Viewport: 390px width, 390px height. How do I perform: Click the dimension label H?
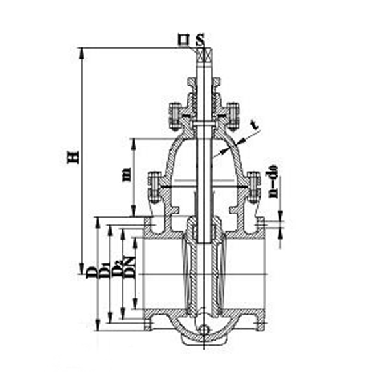pos(73,157)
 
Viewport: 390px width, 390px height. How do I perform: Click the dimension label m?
pos(127,174)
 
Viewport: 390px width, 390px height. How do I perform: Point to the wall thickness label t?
pos(254,123)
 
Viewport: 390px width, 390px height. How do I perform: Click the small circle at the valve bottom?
pos(204,330)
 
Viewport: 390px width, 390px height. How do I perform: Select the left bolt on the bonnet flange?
pos(153,187)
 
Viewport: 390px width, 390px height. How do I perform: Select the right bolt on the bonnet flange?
pos(254,187)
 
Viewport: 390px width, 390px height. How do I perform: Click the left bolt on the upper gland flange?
pos(175,115)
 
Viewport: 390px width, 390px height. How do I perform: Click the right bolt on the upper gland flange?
pos(233,115)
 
